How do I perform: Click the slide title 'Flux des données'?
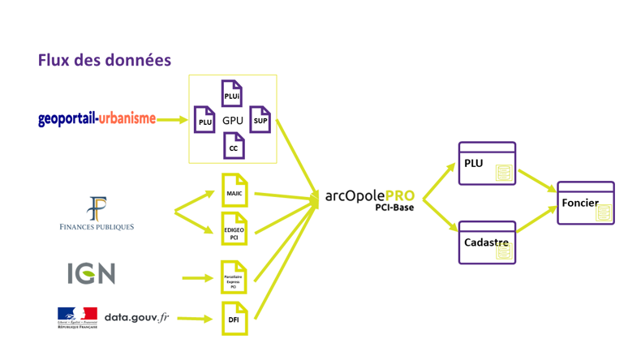coord(105,60)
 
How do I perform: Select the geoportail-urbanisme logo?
coord(97,119)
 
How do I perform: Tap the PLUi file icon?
coord(232,94)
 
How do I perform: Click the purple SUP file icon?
coord(260,120)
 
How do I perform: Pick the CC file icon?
coord(234,146)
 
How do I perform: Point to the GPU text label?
coord(233,121)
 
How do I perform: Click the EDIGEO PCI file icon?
coord(234,229)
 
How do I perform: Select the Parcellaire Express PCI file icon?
coord(234,277)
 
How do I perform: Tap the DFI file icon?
coord(234,318)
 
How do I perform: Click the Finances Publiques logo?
coord(97,214)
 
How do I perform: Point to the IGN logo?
coord(91,273)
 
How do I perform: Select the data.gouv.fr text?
coord(136,317)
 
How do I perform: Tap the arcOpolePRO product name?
coord(369,195)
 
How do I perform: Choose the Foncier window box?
coord(586,203)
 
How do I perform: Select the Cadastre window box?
coord(487,242)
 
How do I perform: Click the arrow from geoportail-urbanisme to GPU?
coord(172,120)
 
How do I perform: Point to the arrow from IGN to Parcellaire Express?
coord(197,278)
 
